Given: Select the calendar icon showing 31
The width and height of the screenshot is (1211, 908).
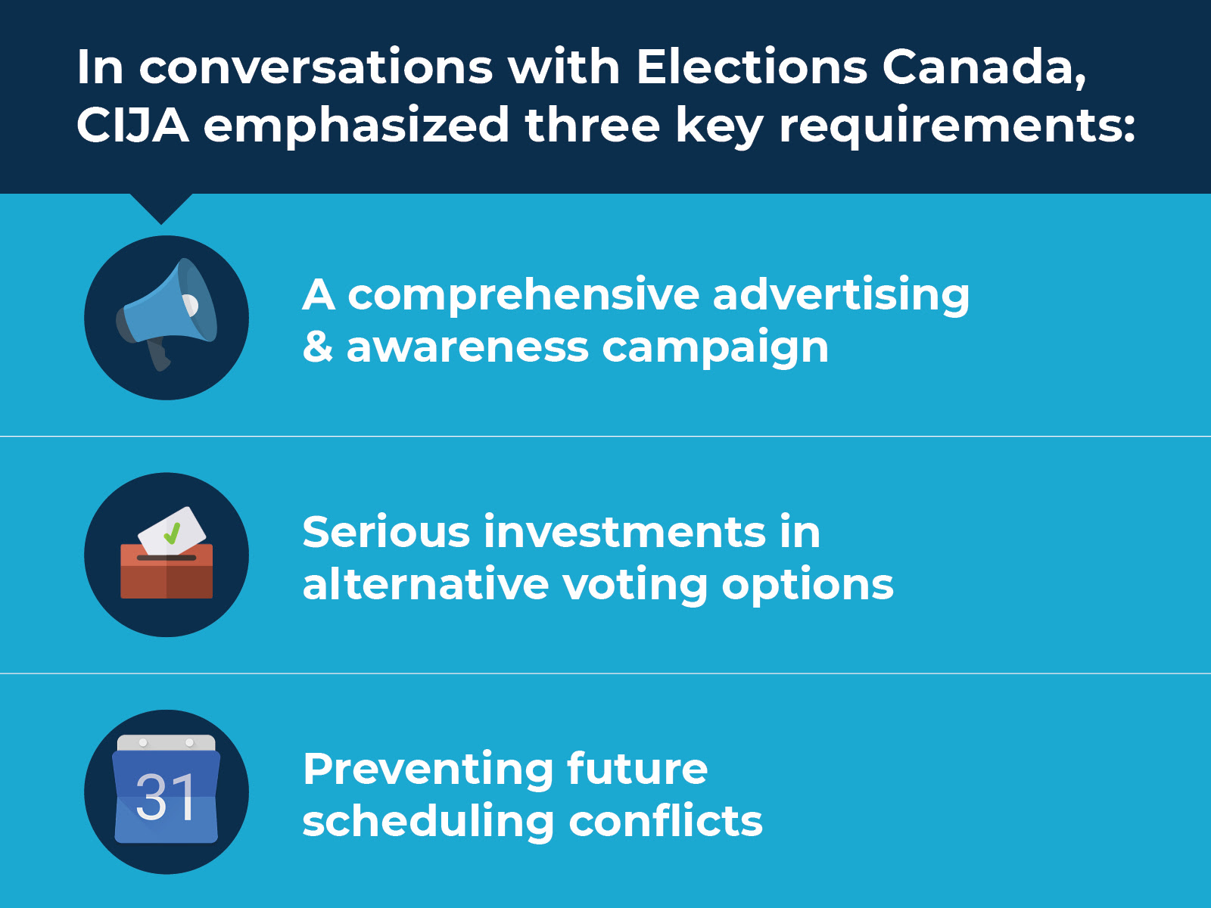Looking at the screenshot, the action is coord(166,789).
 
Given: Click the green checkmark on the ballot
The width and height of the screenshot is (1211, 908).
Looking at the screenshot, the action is coord(172,533).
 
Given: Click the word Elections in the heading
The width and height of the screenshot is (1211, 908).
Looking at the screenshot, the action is coord(752,67).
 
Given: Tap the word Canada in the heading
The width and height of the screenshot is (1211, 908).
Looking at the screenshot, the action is coord(984,68).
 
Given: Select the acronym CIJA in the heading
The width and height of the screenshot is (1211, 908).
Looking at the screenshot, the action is coord(132,125).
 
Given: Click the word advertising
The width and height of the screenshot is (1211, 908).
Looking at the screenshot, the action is coord(841,295).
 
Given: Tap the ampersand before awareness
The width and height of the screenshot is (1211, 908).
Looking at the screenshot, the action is coord(318,347).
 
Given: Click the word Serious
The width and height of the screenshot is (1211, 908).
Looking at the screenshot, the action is coord(386,531).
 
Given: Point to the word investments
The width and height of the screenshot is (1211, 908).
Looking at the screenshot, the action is coord(624,531).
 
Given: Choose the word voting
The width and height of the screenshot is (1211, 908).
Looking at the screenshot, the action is coord(635,586).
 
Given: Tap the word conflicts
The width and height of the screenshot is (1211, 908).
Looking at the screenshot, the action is coord(665,820).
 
